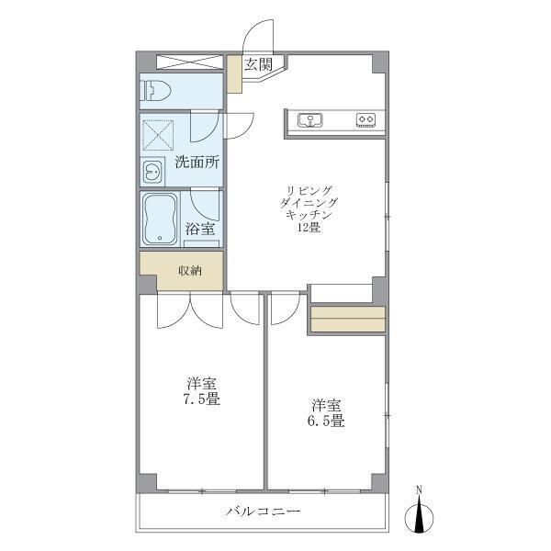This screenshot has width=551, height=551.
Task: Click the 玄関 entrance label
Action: coord(258,64)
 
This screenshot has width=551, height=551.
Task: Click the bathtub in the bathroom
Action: coord(161,219)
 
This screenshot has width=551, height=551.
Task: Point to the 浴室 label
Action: coord(200,229)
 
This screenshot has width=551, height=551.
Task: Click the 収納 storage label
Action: coord(190,271)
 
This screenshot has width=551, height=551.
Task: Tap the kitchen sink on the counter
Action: coord(309,119)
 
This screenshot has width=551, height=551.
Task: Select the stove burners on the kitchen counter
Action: coord(365,119)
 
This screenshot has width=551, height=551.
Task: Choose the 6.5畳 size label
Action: coord(326,422)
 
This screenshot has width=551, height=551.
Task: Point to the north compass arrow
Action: coord(420,517)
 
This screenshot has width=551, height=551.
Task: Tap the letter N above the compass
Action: coord(420,489)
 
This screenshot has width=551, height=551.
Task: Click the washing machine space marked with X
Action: coord(159,134)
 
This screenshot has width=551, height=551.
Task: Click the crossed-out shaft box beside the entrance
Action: coord(190,62)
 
